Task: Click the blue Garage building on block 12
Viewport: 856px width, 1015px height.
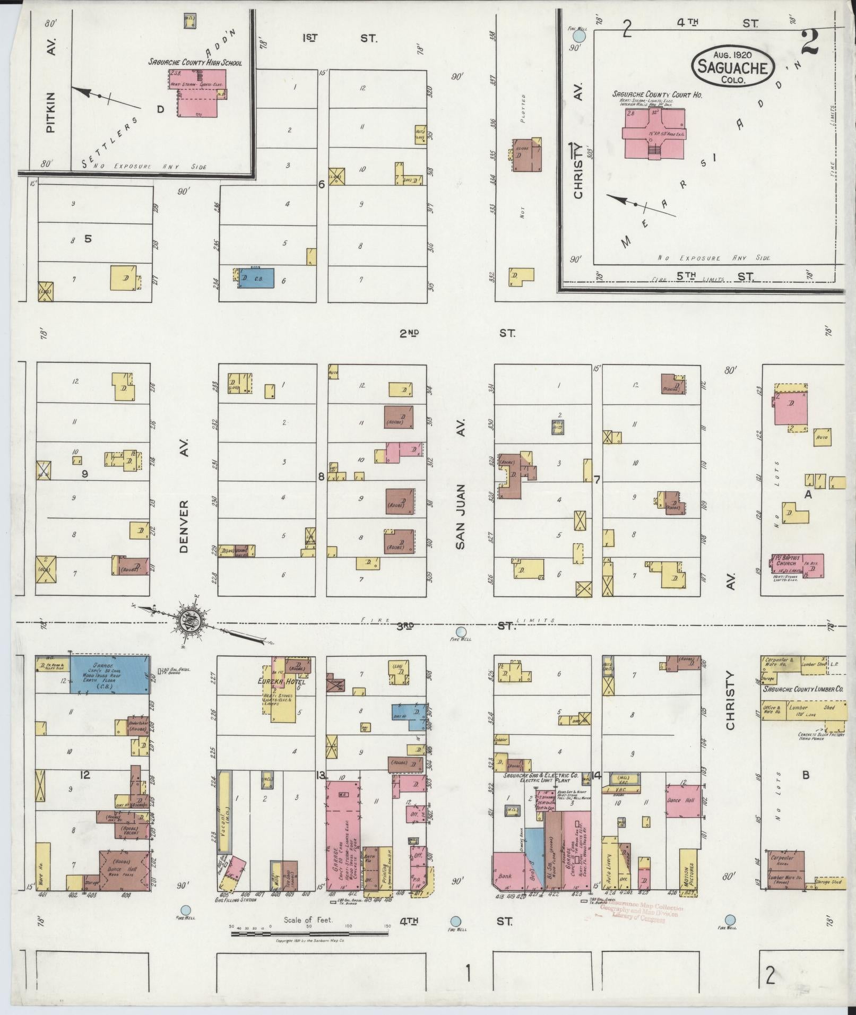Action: point(110,674)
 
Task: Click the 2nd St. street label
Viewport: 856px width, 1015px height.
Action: point(456,333)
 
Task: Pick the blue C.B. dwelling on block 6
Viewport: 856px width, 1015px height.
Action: point(256,277)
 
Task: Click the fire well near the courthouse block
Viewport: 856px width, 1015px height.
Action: point(580,36)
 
